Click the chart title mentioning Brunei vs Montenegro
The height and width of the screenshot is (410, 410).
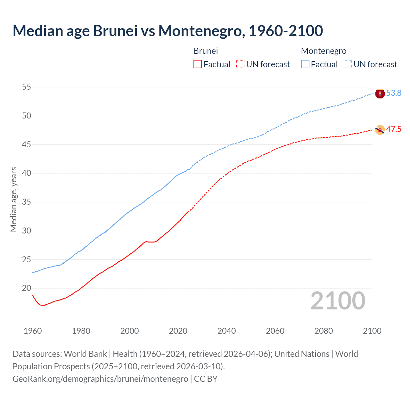coord(168,31)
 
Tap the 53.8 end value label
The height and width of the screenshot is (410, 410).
coord(394,93)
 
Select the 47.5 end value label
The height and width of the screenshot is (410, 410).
coord(394,129)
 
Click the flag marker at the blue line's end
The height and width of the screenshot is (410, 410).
coord(380,94)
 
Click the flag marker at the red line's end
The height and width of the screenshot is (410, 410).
coord(380,130)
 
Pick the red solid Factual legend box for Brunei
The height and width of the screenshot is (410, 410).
coord(198,64)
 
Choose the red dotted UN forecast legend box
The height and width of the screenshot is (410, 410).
coord(240,64)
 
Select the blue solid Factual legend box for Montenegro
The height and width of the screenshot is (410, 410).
coord(305,64)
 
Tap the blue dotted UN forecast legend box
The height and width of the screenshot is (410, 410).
coord(348,64)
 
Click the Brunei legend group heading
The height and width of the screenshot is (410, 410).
coord(206,51)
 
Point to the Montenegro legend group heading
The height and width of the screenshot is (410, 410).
coord(324,51)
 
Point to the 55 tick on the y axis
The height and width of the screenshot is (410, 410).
coord(27,87)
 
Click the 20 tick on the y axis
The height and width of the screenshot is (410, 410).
coord(27,288)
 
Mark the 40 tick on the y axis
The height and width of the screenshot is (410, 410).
coord(27,173)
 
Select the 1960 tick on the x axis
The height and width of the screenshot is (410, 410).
coord(33,331)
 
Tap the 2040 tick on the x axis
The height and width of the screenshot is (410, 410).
coord(226,331)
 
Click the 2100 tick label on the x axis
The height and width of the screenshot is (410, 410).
coord(372,331)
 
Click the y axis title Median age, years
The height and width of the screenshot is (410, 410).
coord(13,199)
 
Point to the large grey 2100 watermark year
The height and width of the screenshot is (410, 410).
coord(338,300)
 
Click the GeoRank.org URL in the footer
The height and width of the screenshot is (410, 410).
coord(100,379)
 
